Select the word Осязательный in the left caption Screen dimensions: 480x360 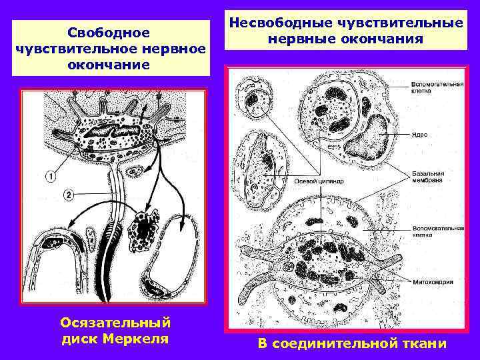click(x=115, y=323)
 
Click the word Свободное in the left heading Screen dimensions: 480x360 click(x=111, y=32)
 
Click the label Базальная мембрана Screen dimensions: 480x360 click(x=427, y=177)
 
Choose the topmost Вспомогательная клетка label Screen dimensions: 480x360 click(x=434, y=88)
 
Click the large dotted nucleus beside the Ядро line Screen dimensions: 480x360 click(x=370, y=137)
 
